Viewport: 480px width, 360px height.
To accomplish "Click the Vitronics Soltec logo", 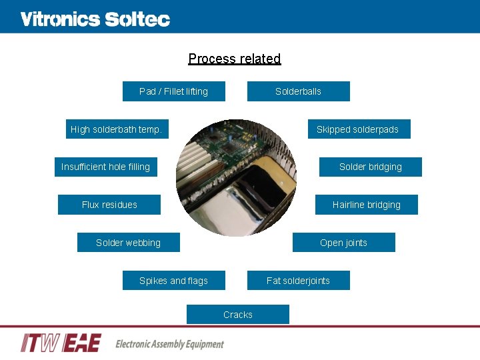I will coord(95,19).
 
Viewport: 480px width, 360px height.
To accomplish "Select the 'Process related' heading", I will coord(235,59).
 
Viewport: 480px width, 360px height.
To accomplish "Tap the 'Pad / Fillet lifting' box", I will coord(173,91).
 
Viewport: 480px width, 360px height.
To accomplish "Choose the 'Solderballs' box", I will coord(298,91).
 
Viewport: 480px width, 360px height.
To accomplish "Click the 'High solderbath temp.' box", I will coord(117,129).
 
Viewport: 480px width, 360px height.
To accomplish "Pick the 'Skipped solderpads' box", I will coord(358,129).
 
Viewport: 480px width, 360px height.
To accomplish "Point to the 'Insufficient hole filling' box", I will coord(105,167).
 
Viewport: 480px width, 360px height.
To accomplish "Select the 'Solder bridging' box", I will coord(370,167).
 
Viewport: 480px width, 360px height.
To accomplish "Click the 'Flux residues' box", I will coord(109,205).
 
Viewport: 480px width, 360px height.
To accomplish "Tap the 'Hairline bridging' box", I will coord(366,205).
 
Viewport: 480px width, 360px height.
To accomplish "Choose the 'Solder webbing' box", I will coord(128,243).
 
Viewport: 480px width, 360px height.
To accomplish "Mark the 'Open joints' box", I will coord(343,243).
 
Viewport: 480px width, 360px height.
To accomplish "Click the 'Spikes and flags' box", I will coord(173,281).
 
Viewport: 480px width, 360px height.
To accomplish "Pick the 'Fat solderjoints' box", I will coord(298,281).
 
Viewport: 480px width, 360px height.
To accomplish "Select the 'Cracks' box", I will coord(238,315).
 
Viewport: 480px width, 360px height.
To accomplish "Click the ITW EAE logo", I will coord(61,343).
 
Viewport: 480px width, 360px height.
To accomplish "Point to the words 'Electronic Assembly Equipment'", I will coord(169,344).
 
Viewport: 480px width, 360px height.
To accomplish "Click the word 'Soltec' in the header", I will coord(137,19).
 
